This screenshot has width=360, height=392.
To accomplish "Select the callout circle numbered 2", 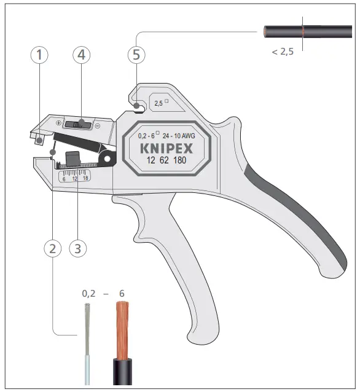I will point(53,249).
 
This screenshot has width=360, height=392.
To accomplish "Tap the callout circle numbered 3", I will point(77,249).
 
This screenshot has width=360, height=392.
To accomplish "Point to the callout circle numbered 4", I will point(82,55).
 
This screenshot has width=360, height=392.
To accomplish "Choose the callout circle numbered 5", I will point(136,55).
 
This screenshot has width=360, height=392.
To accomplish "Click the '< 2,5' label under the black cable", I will point(283,52).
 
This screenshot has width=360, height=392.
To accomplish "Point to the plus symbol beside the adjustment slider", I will point(59,123).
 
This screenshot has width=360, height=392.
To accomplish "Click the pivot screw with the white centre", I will point(109,160).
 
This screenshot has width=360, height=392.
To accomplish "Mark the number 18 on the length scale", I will point(85,178).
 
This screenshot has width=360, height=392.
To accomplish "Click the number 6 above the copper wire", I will point(122,294).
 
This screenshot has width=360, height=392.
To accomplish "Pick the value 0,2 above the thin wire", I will point(90,294).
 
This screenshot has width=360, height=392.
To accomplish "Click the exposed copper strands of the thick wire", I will point(122,332).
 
